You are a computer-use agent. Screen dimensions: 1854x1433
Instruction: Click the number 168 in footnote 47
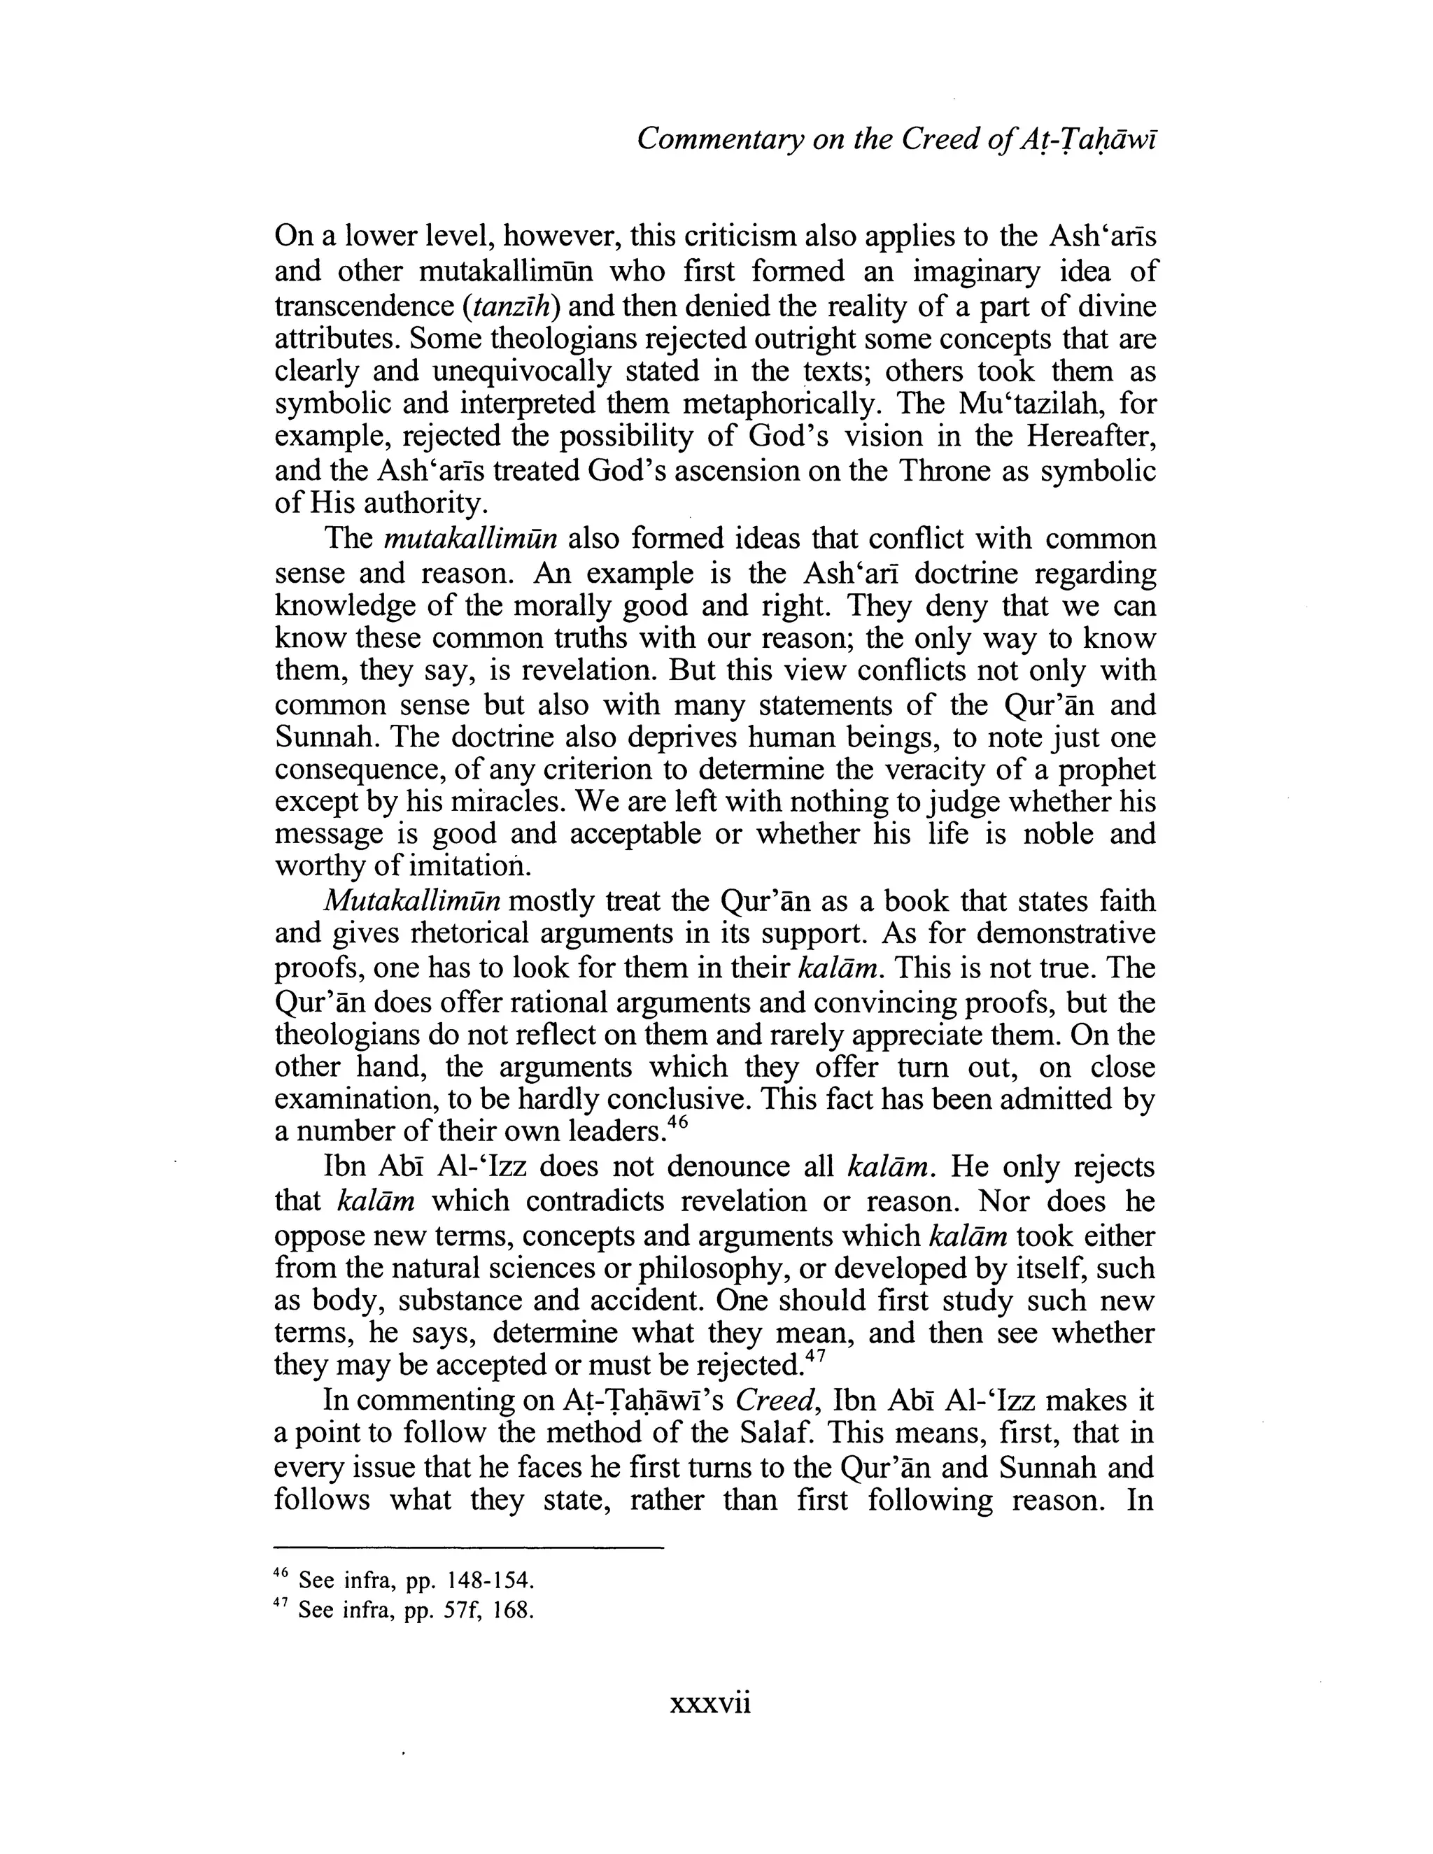513,1610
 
